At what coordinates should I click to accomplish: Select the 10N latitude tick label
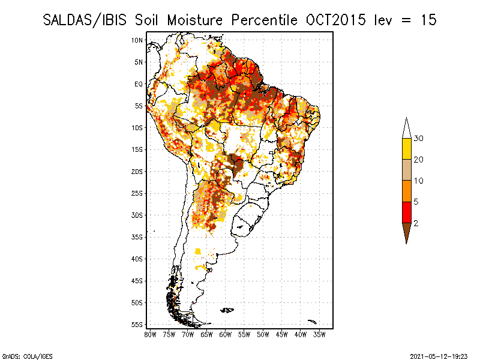tap(138, 40)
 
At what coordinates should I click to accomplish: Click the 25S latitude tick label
tap(138, 193)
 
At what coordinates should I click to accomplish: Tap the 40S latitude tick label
tap(138, 259)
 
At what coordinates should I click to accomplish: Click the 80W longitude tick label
tap(150, 334)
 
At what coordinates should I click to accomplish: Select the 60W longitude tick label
tap(225, 334)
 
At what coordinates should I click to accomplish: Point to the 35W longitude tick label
tap(319, 334)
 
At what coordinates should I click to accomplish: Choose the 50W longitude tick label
tap(263, 334)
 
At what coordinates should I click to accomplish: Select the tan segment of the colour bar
tap(406, 170)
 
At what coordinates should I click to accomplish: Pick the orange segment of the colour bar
tap(406, 191)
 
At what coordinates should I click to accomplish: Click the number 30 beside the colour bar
tap(419, 139)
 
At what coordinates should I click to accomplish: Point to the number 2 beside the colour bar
tap(416, 223)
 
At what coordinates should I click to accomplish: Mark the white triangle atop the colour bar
tap(406, 129)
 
